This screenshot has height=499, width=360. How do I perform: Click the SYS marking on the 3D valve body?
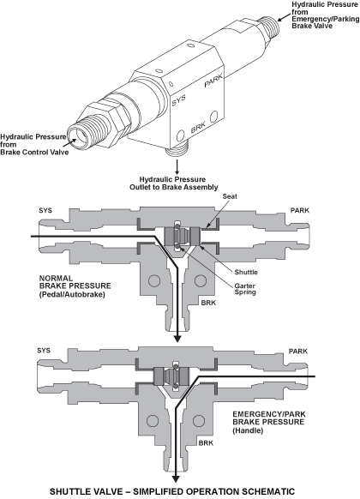click(179, 100)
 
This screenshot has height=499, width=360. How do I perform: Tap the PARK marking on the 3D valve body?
click(213, 81)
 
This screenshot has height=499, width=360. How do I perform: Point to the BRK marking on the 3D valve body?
click(199, 127)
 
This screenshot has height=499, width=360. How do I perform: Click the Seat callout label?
click(230, 196)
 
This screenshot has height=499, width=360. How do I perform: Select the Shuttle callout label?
click(246, 272)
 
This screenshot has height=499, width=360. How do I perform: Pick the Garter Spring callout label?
click(245, 289)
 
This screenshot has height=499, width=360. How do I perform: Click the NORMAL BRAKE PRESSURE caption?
click(75, 286)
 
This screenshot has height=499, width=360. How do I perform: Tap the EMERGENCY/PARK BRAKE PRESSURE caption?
click(269, 423)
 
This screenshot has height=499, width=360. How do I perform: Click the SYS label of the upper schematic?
click(45, 210)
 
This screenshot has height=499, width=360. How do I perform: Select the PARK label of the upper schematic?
click(300, 210)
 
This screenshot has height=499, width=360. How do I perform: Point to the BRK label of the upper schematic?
click(208, 303)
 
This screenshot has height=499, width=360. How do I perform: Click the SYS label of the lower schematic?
click(44, 351)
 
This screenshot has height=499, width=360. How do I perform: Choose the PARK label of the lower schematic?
click(298, 352)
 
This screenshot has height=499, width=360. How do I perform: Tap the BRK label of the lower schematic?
click(206, 442)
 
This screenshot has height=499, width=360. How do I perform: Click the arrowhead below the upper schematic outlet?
click(177, 339)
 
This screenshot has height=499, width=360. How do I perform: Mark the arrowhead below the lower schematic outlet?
click(175, 479)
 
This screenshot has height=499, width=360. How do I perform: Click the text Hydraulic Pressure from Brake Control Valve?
click(34, 145)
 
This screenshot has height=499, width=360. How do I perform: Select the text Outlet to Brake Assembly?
click(174, 187)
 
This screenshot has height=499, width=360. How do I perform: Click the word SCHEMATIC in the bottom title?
click(261, 491)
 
